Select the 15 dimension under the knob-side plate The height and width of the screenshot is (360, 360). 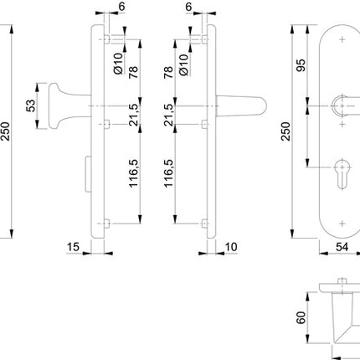[73, 249]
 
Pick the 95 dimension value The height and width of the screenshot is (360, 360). [300, 67]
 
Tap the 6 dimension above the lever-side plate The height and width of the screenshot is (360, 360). [188, 8]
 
